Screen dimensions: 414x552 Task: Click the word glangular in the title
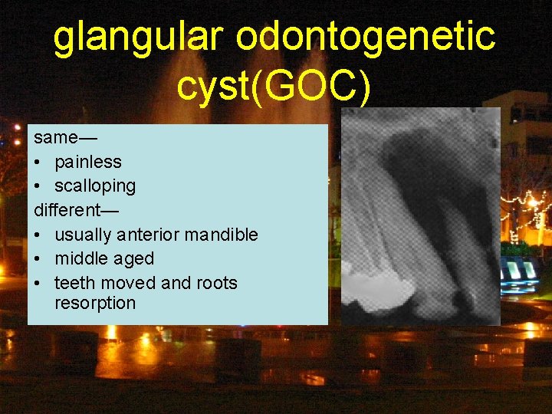point(137,36)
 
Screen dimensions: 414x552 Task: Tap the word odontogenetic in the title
point(366,36)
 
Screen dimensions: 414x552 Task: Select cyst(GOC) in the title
point(274,84)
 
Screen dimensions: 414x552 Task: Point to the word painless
point(88,162)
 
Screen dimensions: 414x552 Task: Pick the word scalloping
point(95,186)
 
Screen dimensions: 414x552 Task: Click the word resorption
point(95,303)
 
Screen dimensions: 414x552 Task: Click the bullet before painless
point(38,163)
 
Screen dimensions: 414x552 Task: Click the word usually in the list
point(82,235)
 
